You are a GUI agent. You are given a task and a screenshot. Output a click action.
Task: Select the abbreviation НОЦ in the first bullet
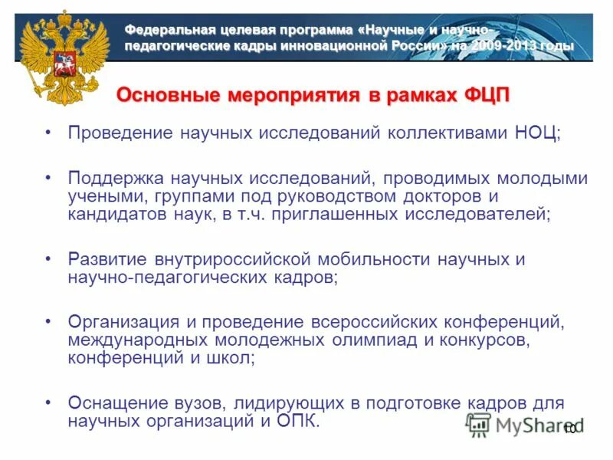pyautogui.click(x=533, y=133)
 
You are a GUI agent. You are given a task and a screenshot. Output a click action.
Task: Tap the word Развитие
pyautogui.click(x=108, y=259)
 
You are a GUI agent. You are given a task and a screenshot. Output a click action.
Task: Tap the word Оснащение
pyautogui.click(x=114, y=403)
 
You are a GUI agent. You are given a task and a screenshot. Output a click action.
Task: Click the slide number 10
pyautogui.click(x=569, y=429)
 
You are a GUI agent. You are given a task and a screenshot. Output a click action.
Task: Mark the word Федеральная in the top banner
pyautogui.click(x=173, y=31)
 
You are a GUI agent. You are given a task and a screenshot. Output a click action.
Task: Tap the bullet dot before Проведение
pyautogui.click(x=48, y=133)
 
